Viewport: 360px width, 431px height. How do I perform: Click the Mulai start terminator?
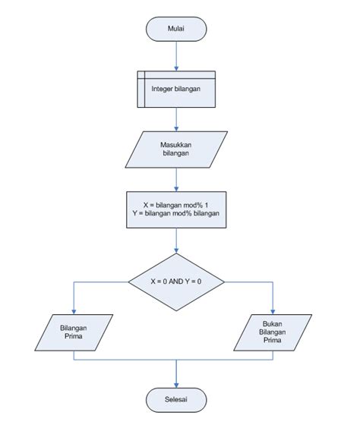click(176, 29)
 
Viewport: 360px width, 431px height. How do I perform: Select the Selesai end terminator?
click(176, 398)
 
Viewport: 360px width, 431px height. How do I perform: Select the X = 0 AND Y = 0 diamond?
click(176, 282)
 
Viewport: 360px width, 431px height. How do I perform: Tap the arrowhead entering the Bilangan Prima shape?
click(74, 311)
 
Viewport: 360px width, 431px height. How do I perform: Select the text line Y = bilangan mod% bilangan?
click(176, 214)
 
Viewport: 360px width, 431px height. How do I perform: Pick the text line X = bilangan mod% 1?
click(176, 203)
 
